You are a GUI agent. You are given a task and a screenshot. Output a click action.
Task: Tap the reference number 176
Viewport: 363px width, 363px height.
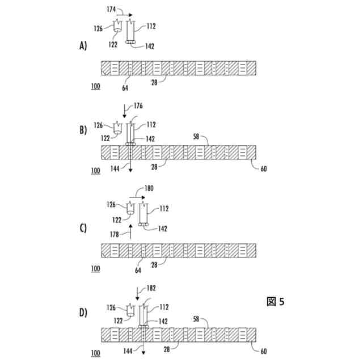coord(138,106)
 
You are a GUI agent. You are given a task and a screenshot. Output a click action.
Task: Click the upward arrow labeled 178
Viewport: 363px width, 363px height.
coord(130,230)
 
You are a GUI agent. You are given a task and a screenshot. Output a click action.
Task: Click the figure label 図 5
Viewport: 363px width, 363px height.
coord(275,301)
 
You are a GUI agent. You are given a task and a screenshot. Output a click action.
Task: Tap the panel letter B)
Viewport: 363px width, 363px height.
coord(83,130)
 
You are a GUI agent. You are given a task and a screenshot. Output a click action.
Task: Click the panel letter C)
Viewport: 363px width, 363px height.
coord(83,229)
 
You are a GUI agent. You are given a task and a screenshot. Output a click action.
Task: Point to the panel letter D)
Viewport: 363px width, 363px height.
coord(83,312)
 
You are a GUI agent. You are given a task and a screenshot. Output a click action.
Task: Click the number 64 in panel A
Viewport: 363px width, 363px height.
coord(125,88)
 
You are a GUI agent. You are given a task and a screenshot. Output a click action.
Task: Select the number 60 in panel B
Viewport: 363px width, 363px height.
coord(263,168)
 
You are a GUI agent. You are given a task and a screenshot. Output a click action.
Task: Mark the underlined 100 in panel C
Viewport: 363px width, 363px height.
coord(95,268)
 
